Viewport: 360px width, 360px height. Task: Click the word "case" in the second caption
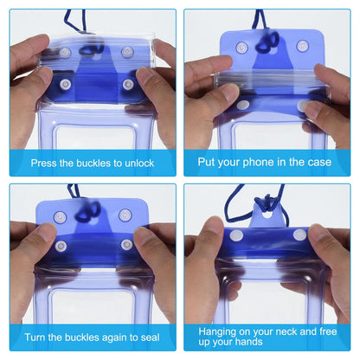pos(319,163)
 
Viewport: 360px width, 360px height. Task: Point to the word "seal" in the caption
pos(150,337)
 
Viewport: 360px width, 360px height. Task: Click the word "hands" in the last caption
pos(248,342)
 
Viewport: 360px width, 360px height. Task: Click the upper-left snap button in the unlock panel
pos(65,53)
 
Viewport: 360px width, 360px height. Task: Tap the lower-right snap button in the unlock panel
pos(127,85)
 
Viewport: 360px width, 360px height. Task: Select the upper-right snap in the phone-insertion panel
pos(302,46)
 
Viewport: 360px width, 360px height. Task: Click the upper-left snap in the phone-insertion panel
pos(241,48)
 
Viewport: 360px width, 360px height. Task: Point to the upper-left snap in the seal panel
pos(60,217)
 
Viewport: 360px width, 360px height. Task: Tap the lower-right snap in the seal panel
pos(126,245)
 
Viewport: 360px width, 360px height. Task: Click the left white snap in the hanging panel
pos(236,236)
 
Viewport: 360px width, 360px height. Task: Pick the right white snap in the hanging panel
pos(300,235)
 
